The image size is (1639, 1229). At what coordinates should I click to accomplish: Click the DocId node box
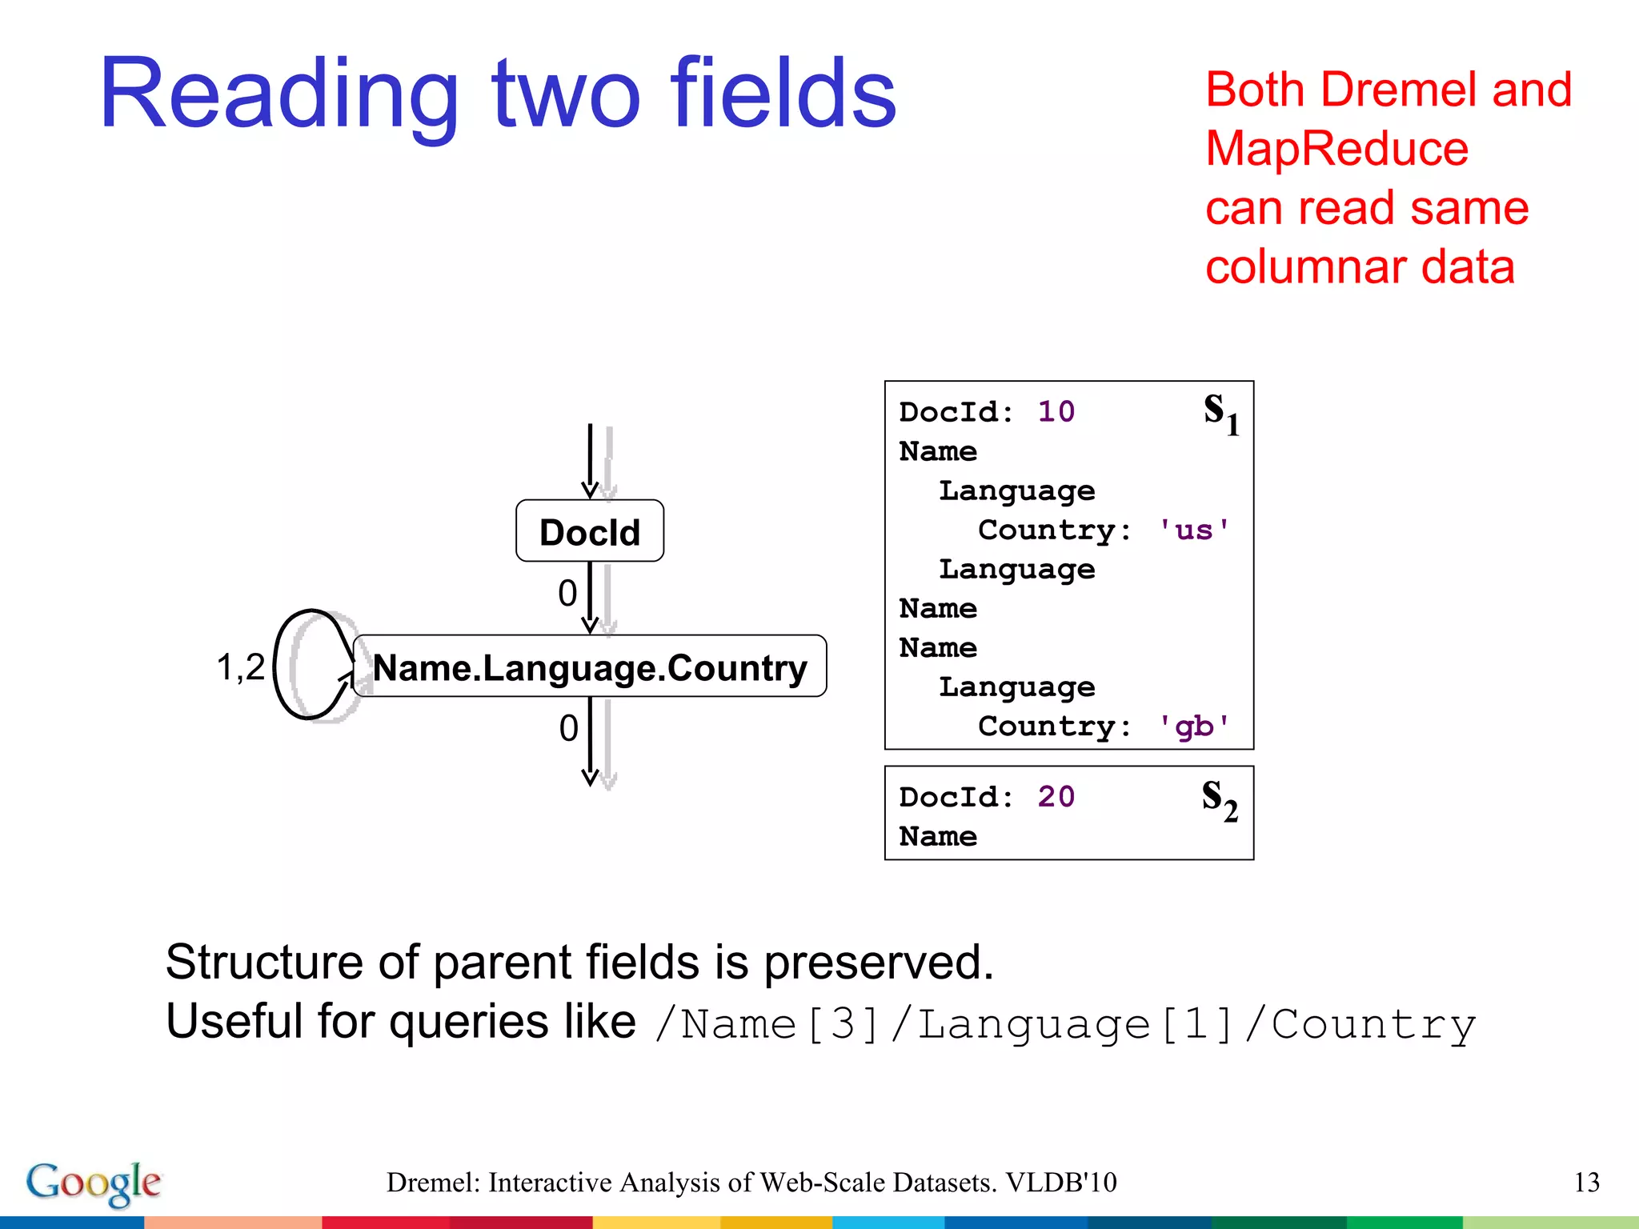(x=590, y=531)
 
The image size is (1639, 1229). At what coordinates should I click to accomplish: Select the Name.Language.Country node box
(x=590, y=667)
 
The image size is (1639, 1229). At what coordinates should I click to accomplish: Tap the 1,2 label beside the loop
(x=240, y=667)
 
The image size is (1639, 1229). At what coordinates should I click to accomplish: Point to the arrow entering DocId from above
(x=590, y=460)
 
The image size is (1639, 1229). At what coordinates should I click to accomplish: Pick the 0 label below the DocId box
(x=567, y=594)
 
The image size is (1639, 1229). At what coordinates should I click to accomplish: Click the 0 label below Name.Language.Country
(x=568, y=728)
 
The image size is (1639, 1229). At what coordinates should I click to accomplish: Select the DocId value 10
(x=1056, y=412)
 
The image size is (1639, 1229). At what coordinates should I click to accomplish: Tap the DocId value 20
(x=1056, y=797)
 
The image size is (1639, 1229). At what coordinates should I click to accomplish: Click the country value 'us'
(x=1193, y=530)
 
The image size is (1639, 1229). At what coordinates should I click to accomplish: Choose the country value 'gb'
(x=1193, y=727)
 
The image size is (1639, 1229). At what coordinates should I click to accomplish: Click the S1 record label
(x=1220, y=414)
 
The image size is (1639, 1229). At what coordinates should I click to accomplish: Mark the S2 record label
(x=1220, y=799)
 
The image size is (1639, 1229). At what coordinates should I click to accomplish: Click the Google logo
(x=94, y=1183)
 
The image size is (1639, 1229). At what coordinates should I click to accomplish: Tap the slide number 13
(x=1586, y=1183)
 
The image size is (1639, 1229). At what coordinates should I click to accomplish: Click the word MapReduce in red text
(x=1336, y=149)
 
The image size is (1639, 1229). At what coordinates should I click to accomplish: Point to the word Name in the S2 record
(x=938, y=837)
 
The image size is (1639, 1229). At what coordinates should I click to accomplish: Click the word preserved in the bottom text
(x=878, y=962)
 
